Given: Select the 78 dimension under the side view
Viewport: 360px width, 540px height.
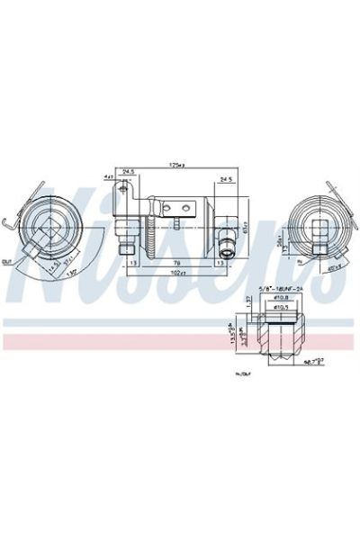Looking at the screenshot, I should pyautogui.click(x=178, y=264).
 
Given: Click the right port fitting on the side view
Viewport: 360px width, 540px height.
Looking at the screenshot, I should pyautogui.click(x=227, y=248).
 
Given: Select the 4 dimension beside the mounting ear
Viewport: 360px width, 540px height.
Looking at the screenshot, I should pyautogui.click(x=106, y=176).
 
